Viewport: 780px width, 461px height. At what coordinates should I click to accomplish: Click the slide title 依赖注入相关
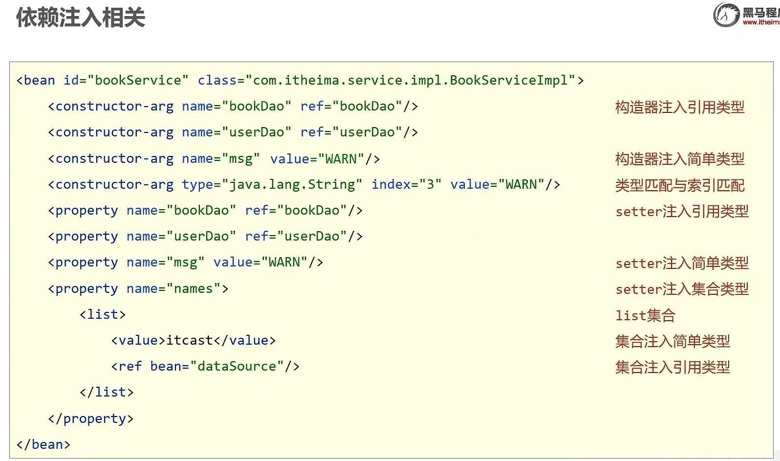[x=81, y=18]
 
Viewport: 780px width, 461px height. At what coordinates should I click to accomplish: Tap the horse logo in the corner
[x=726, y=15]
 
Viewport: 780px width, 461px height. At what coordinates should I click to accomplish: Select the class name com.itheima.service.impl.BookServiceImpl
[x=410, y=80]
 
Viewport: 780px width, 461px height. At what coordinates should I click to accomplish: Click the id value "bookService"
[x=137, y=80]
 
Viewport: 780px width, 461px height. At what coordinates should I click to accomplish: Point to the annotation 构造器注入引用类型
[x=679, y=107]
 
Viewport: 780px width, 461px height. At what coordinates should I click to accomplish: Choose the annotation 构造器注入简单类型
[x=679, y=159]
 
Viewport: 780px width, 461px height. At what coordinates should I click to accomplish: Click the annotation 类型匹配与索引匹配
[x=679, y=185]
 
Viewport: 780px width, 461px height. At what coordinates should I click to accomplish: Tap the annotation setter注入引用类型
[x=682, y=211]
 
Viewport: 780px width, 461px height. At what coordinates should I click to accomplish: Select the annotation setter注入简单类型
[x=682, y=263]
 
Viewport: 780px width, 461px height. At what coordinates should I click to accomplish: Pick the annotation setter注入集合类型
[x=682, y=289]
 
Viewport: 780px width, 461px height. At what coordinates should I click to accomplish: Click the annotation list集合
[x=645, y=315]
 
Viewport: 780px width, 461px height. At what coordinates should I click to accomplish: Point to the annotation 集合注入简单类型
[x=672, y=341]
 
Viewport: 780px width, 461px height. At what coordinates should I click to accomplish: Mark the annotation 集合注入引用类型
[x=672, y=367]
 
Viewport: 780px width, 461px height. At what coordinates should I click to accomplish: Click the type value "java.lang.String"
[x=292, y=184]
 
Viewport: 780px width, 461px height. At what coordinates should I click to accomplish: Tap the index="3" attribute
[x=406, y=184]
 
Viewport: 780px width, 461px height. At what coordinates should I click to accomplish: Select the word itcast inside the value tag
[x=190, y=340]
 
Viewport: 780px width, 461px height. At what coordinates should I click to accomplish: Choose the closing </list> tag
[x=107, y=392]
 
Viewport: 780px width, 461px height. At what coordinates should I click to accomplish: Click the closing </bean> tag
[x=43, y=444]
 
